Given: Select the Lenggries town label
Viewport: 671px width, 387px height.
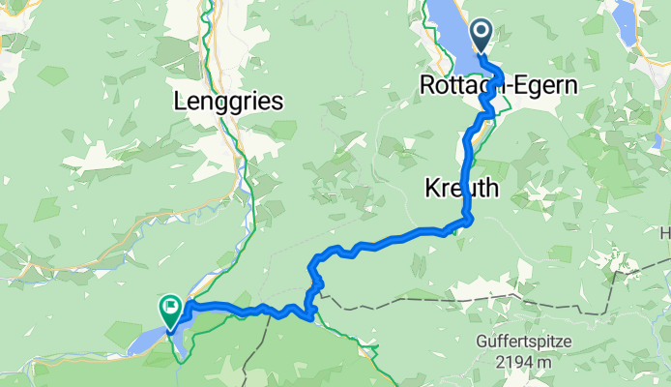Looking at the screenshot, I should (x=227, y=100).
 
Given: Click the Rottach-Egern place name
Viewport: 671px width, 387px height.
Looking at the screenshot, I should (x=499, y=86).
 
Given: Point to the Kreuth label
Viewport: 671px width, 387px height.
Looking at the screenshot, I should (x=461, y=189).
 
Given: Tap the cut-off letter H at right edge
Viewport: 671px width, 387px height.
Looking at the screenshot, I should (x=665, y=233).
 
